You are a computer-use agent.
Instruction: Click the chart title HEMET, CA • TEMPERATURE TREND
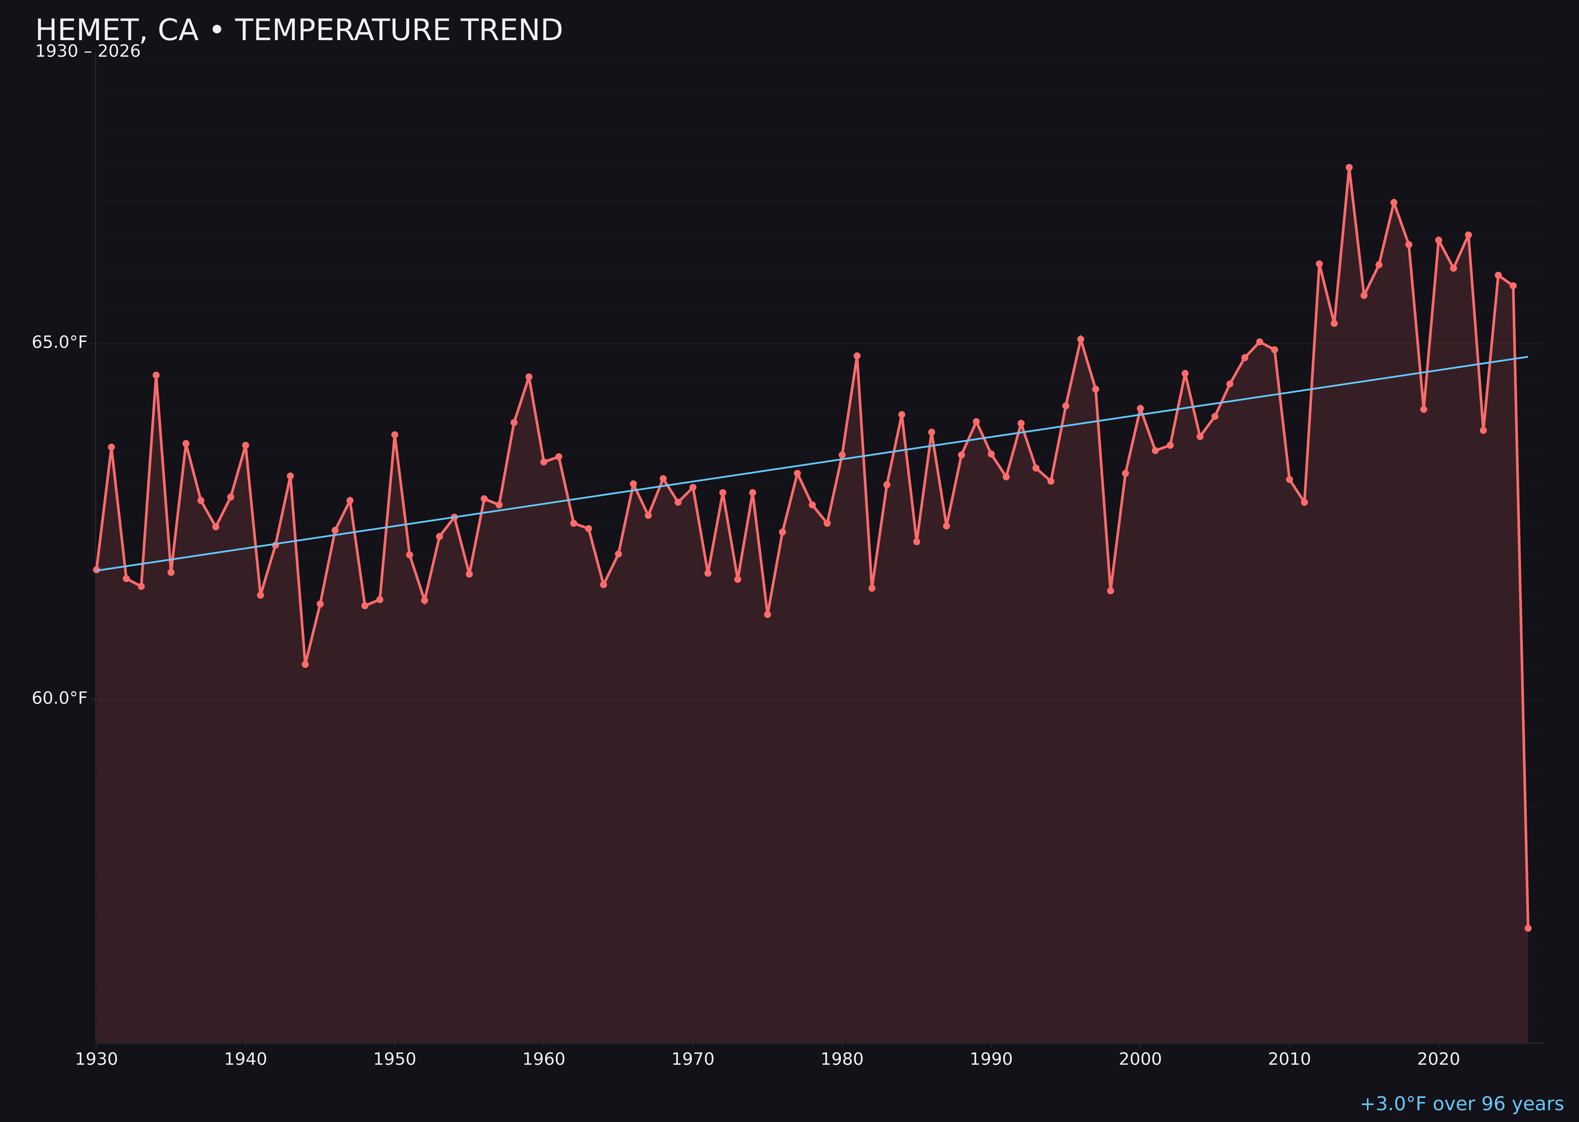point(299,30)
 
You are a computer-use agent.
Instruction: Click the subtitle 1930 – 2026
point(88,52)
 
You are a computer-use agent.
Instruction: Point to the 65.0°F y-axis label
point(60,343)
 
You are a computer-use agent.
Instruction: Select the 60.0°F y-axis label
point(60,698)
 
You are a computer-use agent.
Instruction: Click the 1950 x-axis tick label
point(395,1059)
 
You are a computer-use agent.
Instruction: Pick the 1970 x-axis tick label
point(693,1059)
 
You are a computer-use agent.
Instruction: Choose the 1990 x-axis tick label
point(991,1059)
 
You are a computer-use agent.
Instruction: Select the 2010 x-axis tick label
point(1289,1059)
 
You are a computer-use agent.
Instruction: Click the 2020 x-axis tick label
point(1438,1059)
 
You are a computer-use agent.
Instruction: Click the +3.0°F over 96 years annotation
point(1461,1104)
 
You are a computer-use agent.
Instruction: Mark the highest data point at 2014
point(1349,167)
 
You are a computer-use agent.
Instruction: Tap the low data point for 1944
point(305,664)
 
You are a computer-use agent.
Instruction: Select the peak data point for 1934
point(156,375)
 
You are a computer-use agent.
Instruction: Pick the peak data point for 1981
point(857,356)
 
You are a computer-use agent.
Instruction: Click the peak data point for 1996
point(1080,339)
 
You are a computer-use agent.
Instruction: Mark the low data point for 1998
point(1110,591)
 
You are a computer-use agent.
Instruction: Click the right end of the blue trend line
point(1527,357)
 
